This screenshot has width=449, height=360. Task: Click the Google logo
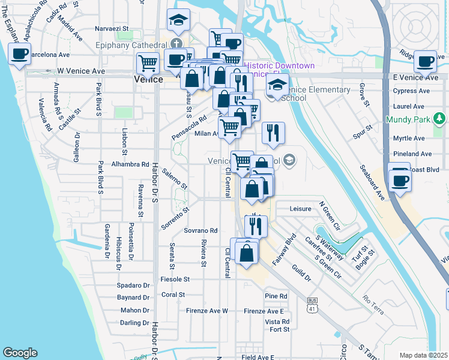point(20,353)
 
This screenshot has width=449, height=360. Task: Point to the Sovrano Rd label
point(200,230)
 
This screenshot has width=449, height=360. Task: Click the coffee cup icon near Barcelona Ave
point(20,54)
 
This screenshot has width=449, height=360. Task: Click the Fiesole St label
point(175,279)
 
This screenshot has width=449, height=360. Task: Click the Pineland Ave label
point(412,154)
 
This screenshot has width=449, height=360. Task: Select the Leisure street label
point(300,209)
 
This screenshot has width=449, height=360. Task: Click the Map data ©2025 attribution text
point(423,355)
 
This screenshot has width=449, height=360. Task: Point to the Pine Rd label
point(276,296)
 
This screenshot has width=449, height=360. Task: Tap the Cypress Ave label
point(411,91)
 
